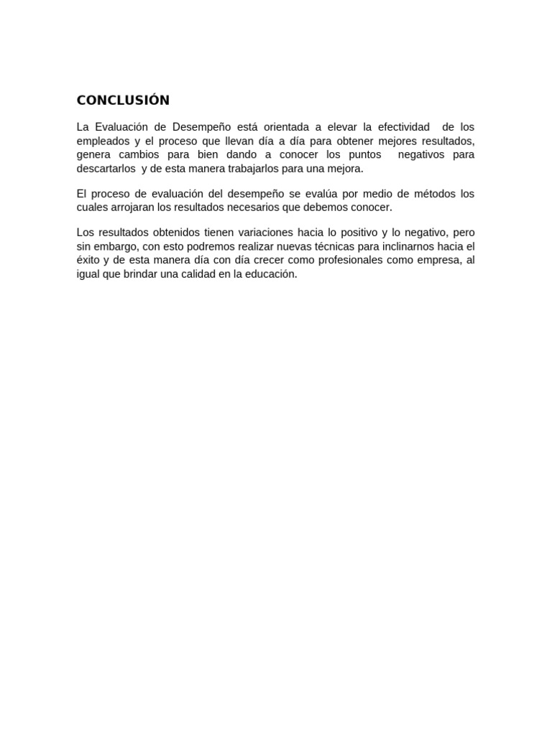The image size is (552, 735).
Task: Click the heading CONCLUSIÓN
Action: point(123,100)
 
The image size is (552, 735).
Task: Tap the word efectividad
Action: point(403,127)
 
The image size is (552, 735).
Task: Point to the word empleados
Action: point(103,141)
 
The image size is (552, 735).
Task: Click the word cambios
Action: point(138,155)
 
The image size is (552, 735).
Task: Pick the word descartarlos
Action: point(106,169)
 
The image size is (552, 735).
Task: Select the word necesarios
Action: point(271,207)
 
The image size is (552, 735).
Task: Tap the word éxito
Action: point(89,260)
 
